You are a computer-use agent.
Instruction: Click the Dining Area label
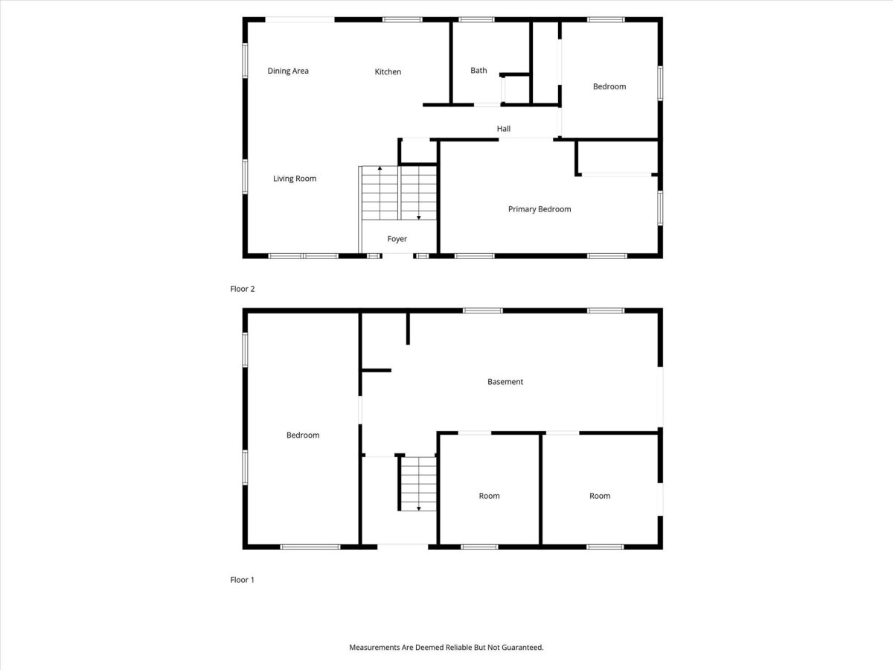click(x=288, y=71)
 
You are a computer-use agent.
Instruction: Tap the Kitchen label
click(x=388, y=71)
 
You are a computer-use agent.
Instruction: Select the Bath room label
click(x=478, y=71)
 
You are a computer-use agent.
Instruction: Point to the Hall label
click(x=503, y=129)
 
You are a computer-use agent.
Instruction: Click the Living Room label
click(x=295, y=179)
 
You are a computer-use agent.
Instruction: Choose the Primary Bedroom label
click(x=540, y=209)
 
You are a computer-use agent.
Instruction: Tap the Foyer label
click(x=397, y=239)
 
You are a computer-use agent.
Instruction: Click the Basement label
click(x=505, y=382)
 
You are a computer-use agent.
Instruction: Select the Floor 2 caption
click(x=243, y=289)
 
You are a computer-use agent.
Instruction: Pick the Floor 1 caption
click(x=242, y=580)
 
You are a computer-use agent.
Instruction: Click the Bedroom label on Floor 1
click(x=303, y=435)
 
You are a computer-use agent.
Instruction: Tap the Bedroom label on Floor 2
click(x=609, y=86)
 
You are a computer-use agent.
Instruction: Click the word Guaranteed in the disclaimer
click(x=522, y=647)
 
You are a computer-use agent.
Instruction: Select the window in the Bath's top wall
click(x=476, y=19)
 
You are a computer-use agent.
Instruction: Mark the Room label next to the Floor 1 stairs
click(x=489, y=496)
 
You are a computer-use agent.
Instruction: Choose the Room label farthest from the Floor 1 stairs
click(x=600, y=496)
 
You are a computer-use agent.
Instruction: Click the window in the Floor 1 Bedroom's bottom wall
click(x=310, y=547)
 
